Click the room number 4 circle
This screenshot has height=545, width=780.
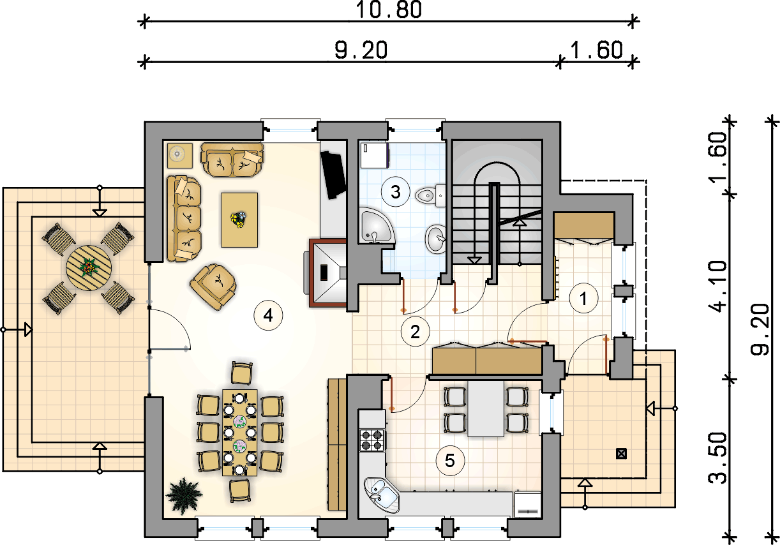pos(268,316)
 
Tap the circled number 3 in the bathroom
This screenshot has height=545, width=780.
pos(396,192)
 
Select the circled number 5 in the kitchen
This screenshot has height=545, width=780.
pos(450,461)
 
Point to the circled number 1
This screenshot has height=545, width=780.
pos(583,299)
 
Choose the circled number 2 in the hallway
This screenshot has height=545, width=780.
pos(415,332)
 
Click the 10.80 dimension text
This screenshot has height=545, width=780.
pos(389,10)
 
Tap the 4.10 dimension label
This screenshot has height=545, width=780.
pos(718,287)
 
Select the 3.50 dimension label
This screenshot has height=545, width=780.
pos(718,458)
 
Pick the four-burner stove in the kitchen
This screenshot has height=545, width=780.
pos(372,440)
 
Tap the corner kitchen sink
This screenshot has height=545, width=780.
pos(381,495)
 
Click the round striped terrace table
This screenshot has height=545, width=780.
pos(89,268)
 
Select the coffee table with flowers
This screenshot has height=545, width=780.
pos(239,220)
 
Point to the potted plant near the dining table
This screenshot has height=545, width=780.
pos(184,496)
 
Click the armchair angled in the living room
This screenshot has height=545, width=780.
pos(213,287)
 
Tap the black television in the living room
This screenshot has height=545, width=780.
pos(333,175)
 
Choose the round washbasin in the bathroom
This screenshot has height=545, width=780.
pos(435,239)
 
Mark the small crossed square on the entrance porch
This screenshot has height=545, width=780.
pos(621,454)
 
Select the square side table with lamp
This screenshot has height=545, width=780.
pos(179,155)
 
